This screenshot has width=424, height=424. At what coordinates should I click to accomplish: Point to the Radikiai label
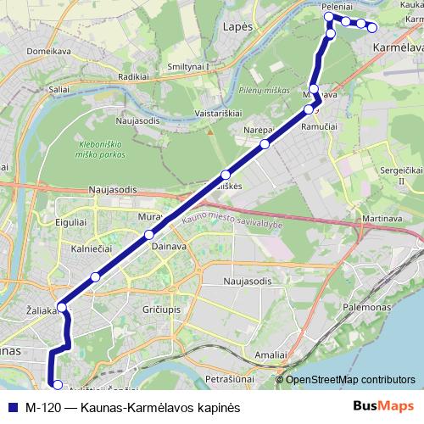pos(135,75)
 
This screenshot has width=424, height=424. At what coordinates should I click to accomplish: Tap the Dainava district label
pos(168,246)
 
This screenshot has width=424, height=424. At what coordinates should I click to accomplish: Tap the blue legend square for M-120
pos(12,407)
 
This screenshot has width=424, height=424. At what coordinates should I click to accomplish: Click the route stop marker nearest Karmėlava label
pos(371,27)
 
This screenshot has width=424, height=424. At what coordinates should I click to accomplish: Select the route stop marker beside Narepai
pos(265,144)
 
